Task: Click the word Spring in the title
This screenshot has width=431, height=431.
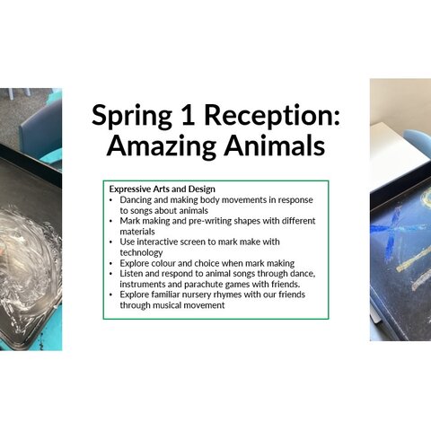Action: tap(132, 116)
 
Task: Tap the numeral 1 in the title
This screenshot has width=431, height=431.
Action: tap(188, 115)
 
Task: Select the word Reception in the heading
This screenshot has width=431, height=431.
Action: tap(272, 116)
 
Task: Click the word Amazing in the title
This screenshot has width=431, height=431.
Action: tap(162, 145)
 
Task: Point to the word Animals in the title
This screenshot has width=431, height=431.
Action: tap(275, 145)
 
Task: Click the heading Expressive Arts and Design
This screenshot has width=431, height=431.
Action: tap(163, 189)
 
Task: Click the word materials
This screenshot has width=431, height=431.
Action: tap(137, 232)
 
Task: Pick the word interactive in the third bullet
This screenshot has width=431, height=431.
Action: tap(157, 242)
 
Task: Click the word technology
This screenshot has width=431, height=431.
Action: tap(141, 253)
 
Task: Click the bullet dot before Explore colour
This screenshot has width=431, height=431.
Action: tap(111, 264)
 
